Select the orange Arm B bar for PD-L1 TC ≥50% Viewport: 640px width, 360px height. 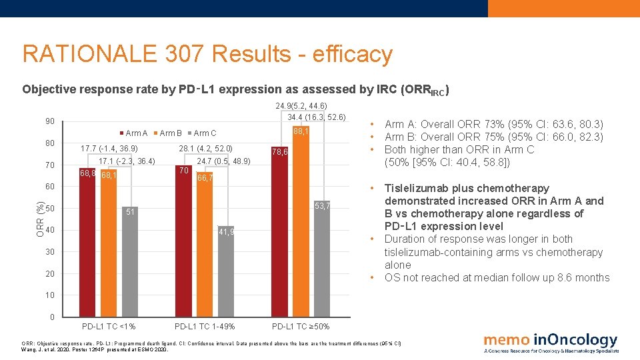[301, 227]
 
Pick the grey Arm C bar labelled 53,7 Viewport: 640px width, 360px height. [322, 260]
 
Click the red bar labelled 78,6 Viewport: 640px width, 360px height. [280, 233]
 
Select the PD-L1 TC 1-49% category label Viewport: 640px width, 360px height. [205, 327]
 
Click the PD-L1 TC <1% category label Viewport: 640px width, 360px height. [109, 327]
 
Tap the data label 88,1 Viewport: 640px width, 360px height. [302, 132]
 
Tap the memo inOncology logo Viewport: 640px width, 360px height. [551, 343]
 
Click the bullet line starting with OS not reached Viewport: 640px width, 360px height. [497, 278]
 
